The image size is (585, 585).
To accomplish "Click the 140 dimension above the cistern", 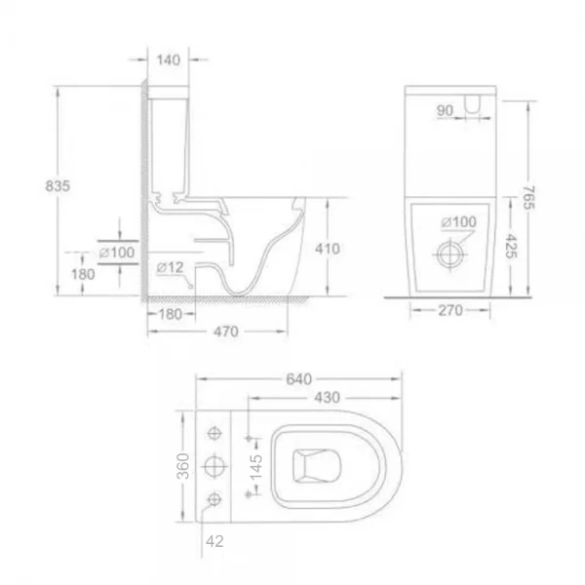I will (169, 60).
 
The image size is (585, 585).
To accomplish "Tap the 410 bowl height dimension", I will (329, 249).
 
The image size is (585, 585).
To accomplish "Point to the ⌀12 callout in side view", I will (170, 266).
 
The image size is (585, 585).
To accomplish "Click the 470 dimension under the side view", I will (226, 331).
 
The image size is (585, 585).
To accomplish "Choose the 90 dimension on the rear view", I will (445, 110).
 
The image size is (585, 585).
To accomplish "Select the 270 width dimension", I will (448, 311).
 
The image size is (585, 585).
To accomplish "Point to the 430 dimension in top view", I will (327, 398).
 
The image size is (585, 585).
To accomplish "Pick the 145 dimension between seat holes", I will (254, 466).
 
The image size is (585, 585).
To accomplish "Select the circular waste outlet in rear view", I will (450, 252).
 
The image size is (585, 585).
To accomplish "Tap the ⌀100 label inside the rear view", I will (457, 222).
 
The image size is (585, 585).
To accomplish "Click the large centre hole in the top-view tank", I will (214, 467).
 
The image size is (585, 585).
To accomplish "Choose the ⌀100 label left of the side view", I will (119, 252).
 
